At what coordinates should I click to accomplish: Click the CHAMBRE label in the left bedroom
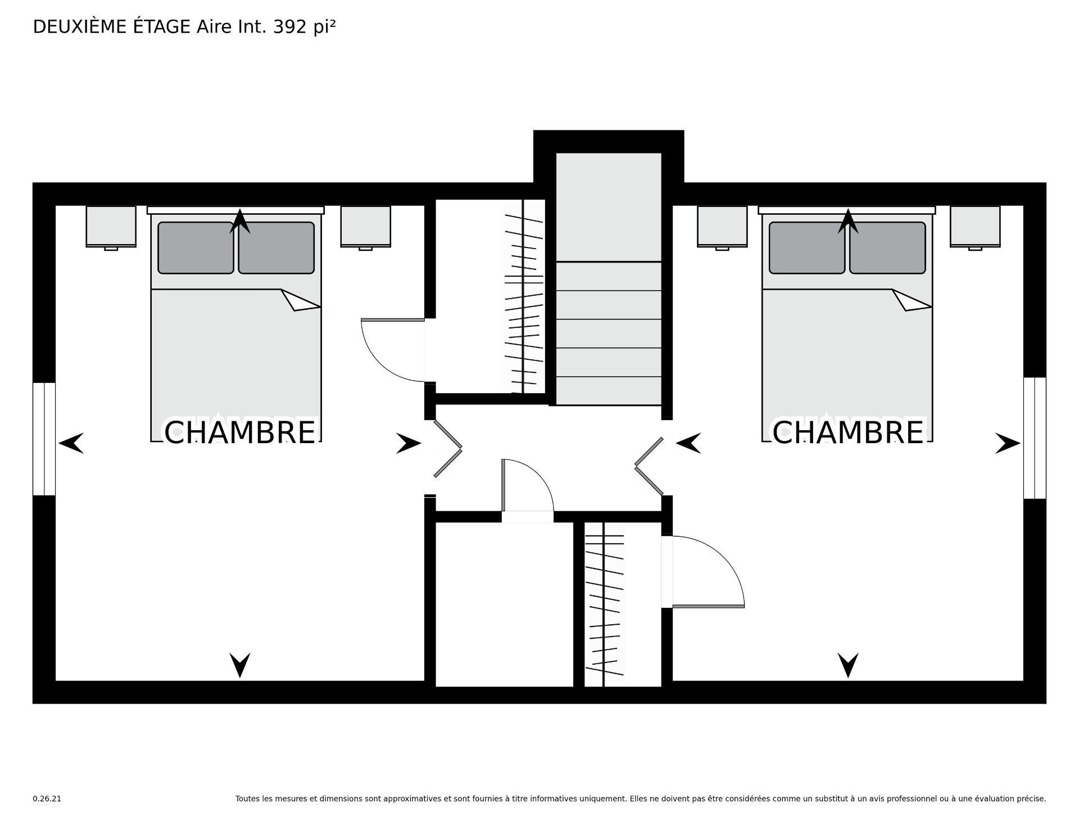click(x=239, y=432)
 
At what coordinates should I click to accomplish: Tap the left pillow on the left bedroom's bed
click(x=196, y=248)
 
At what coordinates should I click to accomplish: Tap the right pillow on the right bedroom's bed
click(x=887, y=248)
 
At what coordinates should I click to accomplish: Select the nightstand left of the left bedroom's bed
click(x=111, y=227)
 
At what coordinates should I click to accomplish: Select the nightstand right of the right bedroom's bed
click(x=975, y=227)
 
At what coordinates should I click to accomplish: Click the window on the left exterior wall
click(x=44, y=439)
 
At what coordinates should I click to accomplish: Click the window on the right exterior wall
click(x=1035, y=438)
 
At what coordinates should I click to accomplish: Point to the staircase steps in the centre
click(x=609, y=333)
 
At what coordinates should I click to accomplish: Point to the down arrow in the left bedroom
click(x=240, y=665)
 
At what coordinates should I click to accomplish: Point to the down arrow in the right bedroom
click(x=849, y=665)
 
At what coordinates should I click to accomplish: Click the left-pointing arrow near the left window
click(x=71, y=443)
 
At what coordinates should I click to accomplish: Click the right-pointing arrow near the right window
click(x=1008, y=443)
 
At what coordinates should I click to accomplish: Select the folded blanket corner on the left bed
click(x=301, y=300)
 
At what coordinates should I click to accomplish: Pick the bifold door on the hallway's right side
click(x=649, y=466)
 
